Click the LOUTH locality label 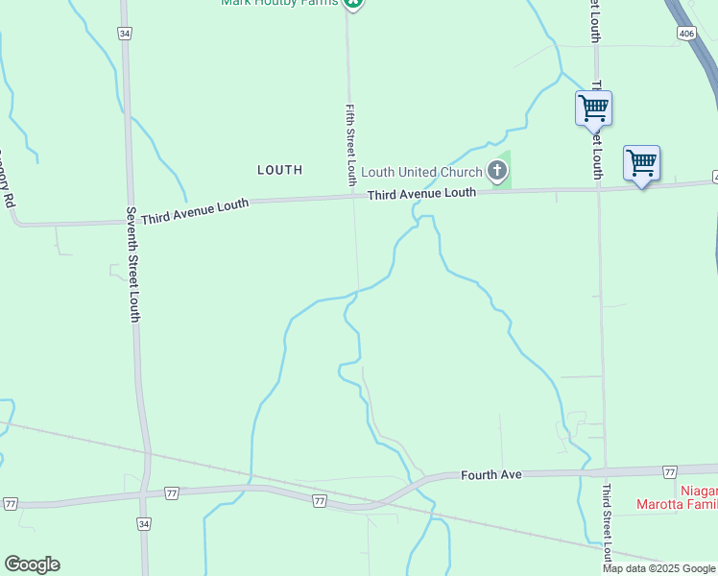click(279, 170)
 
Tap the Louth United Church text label click(421, 173)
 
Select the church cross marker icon click(496, 172)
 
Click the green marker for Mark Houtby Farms click(354, 3)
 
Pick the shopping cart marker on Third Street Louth click(593, 108)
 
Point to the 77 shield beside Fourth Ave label click(669, 471)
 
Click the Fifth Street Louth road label click(351, 144)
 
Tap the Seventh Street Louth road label click(133, 264)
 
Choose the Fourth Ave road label click(491, 474)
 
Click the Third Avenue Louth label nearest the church click(421, 193)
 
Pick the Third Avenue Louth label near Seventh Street click(195, 211)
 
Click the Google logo click(32, 564)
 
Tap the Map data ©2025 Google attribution click(659, 568)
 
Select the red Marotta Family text click(677, 503)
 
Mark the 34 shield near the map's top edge click(125, 33)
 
